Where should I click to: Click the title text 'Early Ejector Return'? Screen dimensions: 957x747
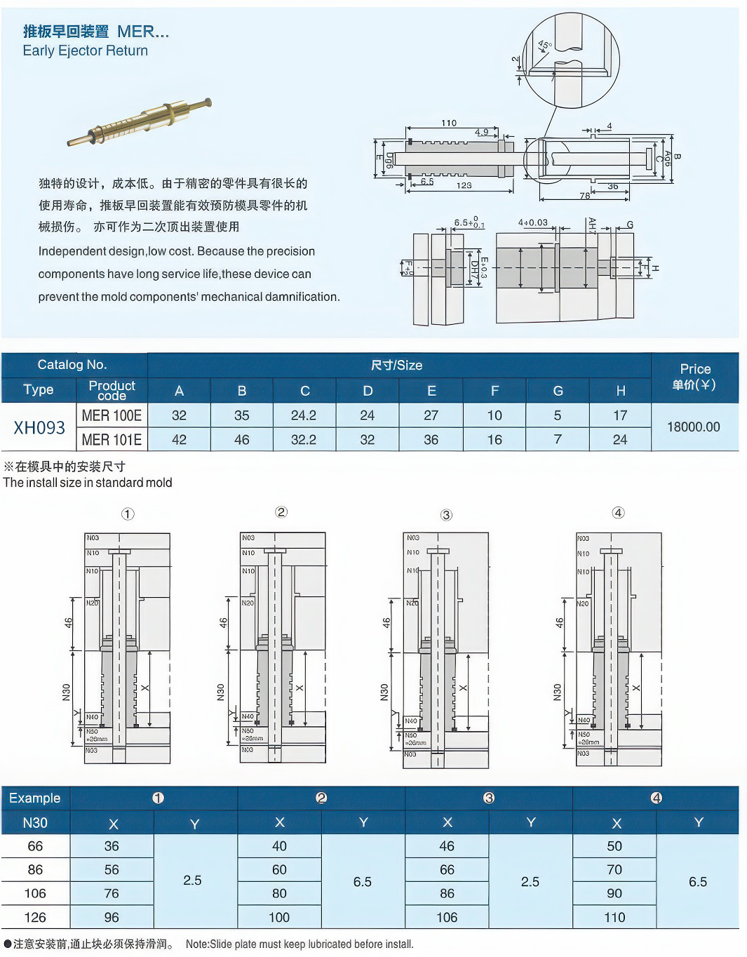(x=85, y=51)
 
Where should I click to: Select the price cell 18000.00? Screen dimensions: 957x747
(x=693, y=427)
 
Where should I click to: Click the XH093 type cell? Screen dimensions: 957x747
(x=39, y=427)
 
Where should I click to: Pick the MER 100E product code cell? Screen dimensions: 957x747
(x=112, y=415)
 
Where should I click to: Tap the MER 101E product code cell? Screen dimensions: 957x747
(x=112, y=440)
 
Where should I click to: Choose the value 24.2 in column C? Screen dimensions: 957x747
(x=304, y=415)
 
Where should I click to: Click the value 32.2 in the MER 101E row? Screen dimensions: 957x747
(x=304, y=440)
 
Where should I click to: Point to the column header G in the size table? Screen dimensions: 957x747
(x=558, y=391)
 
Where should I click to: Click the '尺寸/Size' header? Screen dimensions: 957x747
(x=397, y=365)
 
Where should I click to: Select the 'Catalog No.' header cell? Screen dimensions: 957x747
(x=72, y=365)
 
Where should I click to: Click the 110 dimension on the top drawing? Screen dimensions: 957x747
(x=449, y=123)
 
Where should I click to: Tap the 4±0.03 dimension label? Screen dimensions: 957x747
(x=533, y=222)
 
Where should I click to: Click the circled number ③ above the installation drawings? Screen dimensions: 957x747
(x=447, y=515)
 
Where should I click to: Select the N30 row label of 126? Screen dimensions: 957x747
(x=35, y=917)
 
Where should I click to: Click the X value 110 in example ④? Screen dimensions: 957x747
(x=614, y=917)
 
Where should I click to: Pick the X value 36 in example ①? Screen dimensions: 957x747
(x=112, y=846)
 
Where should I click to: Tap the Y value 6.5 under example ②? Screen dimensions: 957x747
(x=363, y=881)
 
